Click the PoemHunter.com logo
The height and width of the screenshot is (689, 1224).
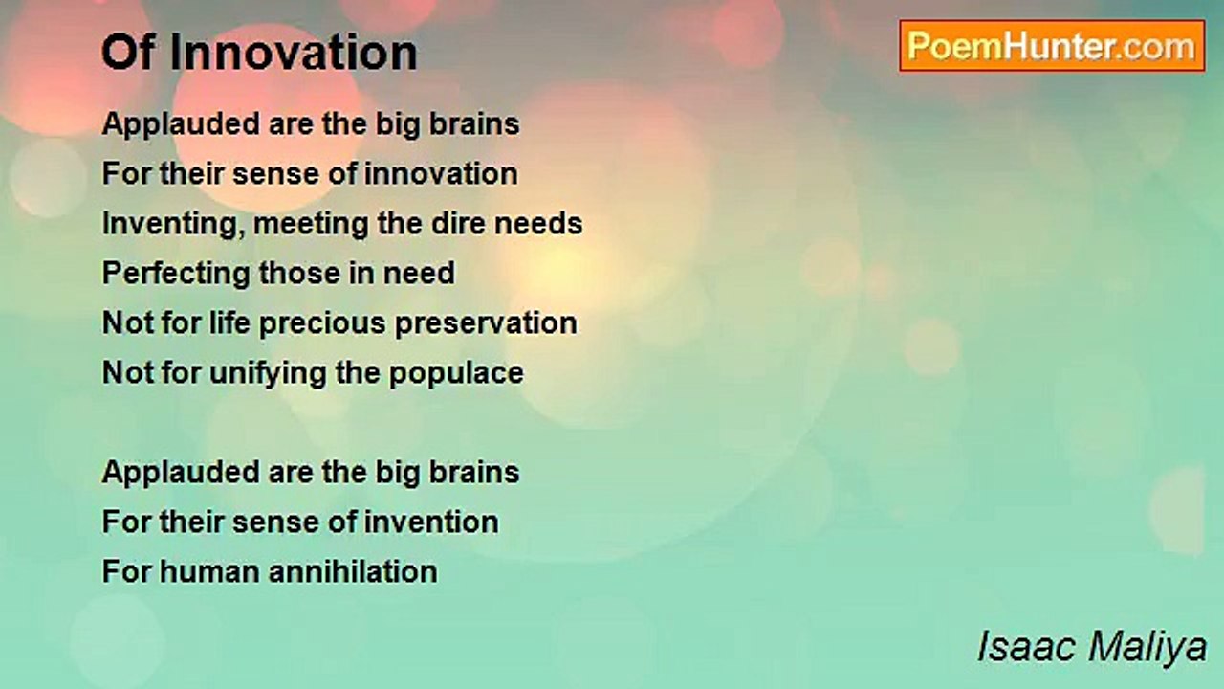click(x=1052, y=46)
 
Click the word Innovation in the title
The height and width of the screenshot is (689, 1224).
click(x=294, y=53)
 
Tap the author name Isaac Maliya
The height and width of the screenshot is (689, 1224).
click(x=1092, y=647)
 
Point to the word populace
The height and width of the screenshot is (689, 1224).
click(x=456, y=374)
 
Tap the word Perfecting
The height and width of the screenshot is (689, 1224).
click(x=177, y=274)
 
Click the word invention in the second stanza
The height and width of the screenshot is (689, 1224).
click(x=431, y=522)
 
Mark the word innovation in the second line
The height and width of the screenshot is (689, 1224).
click(x=441, y=174)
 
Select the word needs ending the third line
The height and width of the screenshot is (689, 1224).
click(x=538, y=224)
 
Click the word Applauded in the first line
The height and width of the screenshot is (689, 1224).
click(x=181, y=125)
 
